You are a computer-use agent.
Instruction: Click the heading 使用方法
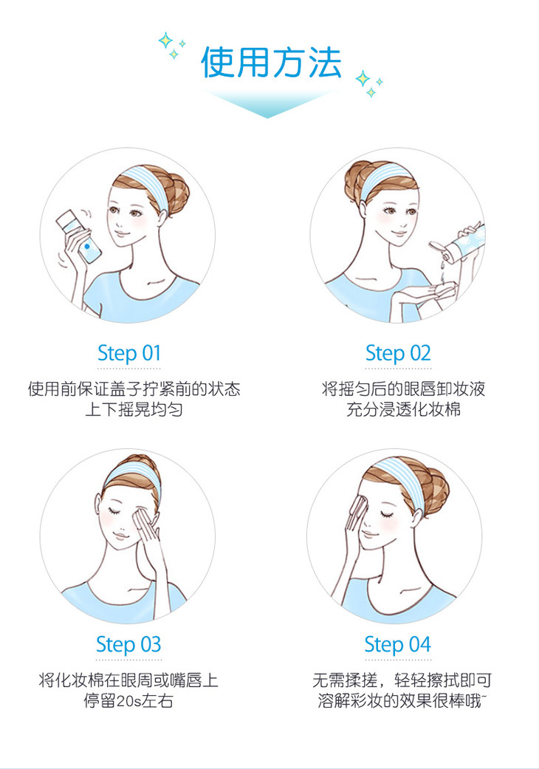point(270,63)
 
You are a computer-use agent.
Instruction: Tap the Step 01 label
point(128,353)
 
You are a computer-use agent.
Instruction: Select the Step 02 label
point(397,353)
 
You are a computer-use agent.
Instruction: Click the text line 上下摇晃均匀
point(134,409)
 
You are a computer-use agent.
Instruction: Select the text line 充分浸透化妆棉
point(403,409)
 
